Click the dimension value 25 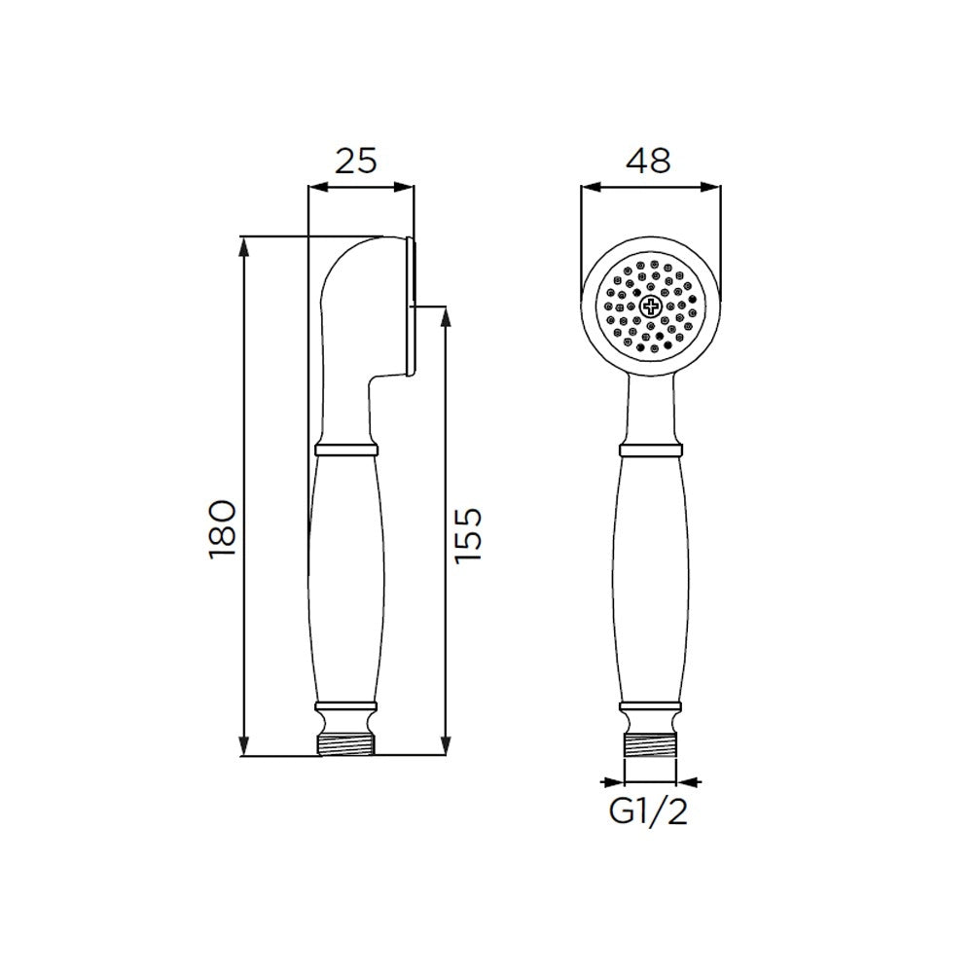(x=356, y=162)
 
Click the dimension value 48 (x=648, y=162)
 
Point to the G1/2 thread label (x=648, y=811)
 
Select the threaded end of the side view (x=345, y=744)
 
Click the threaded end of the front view (x=650, y=744)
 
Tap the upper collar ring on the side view (x=345, y=450)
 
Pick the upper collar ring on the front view (x=650, y=450)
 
